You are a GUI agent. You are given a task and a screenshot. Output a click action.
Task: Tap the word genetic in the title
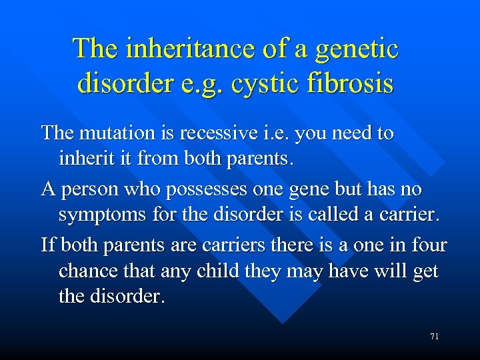[357, 49]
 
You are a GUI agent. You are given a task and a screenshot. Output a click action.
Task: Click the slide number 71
[434, 337]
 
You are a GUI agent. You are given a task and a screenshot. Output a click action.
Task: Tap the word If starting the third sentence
[48, 245]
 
